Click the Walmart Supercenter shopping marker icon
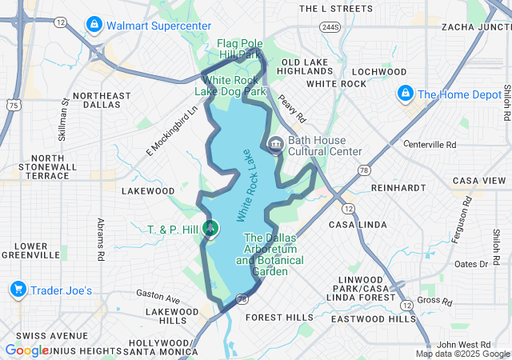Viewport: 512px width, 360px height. pos(95,26)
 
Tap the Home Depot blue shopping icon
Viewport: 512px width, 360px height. pos(406,94)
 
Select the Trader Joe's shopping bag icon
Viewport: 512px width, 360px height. pos(18,290)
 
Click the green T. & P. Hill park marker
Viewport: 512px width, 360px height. pos(210,230)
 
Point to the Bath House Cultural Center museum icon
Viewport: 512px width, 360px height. pos(276,145)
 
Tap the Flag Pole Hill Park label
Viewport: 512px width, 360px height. pos(239,49)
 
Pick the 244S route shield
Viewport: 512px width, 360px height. pos(330,27)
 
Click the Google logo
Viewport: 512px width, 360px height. pos(26,350)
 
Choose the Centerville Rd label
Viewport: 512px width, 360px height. pos(430,145)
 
